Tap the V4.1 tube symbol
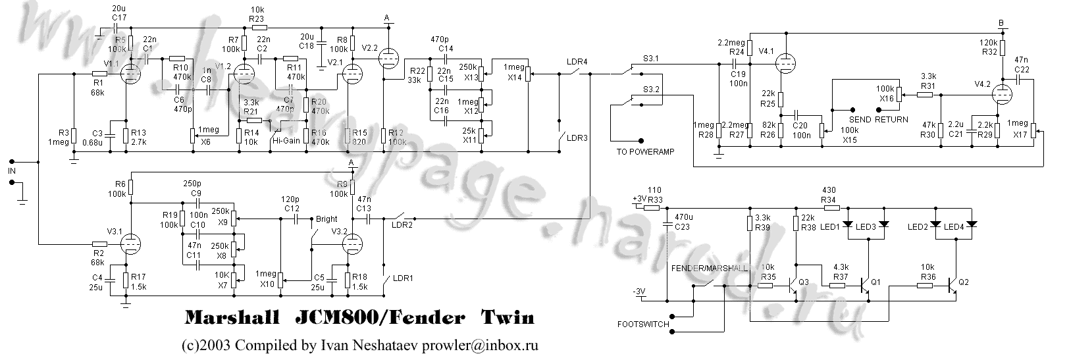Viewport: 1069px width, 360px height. coord(784,64)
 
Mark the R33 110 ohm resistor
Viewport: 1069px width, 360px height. coord(652,207)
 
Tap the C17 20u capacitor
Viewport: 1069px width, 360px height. coord(117,29)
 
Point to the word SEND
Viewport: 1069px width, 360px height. coord(860,120)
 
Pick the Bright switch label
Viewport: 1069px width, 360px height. coord(326,219)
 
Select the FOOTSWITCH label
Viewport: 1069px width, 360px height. coord(642,324)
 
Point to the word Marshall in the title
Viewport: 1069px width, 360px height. coord(227,319)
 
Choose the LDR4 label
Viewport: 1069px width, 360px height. coord(577,62)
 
